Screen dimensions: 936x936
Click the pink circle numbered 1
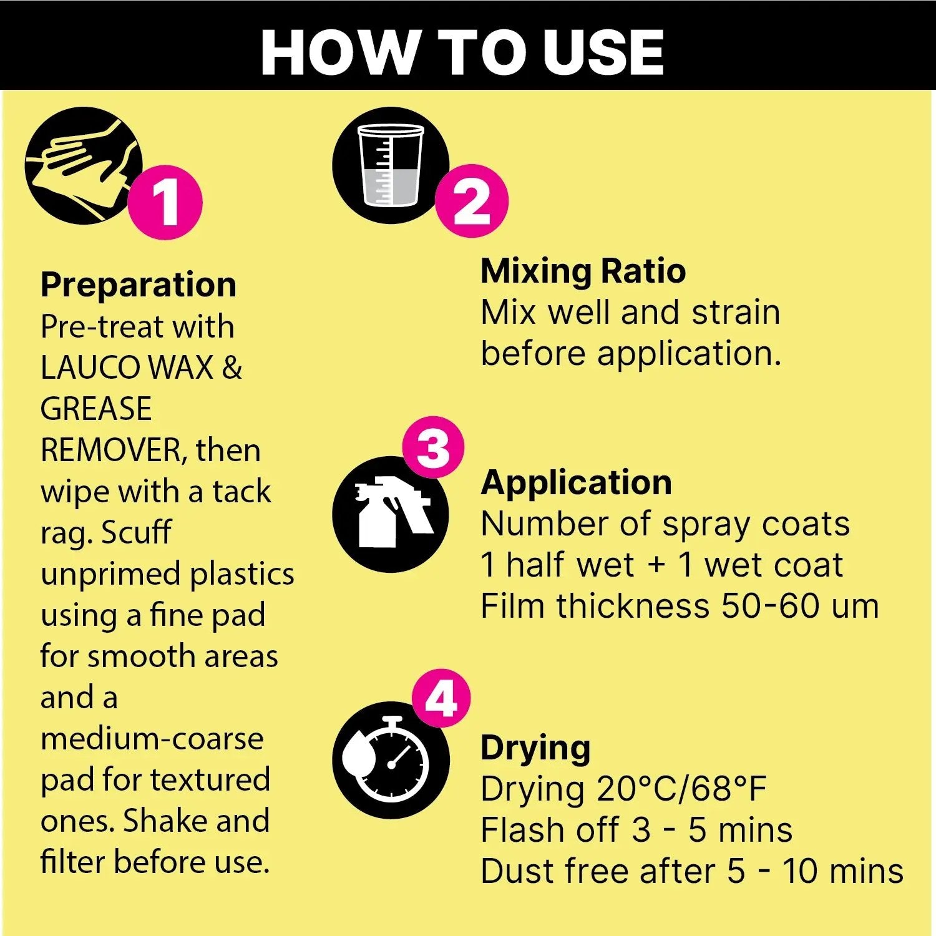click(x=165, y=202)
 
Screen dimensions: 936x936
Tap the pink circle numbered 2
click(x=472, y=201)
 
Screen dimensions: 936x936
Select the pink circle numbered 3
click(x=433, y=447)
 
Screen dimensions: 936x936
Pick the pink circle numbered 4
click(x=441, y=698)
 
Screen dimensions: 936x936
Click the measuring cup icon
click(x=391, y=165)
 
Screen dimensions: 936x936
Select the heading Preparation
click(x=139, y=285)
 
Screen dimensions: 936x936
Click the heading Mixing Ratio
click(x=583, y=271)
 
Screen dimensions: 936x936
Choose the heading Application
click(x=576, y=482)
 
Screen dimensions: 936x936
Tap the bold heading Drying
click(x=535, y=748)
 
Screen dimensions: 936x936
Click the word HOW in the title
click(x=340, y=52)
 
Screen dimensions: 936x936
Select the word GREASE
click(x=96, y=409)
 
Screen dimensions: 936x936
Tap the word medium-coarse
click(x=152, y=739)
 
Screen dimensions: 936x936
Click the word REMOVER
click(x=112, y=450)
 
